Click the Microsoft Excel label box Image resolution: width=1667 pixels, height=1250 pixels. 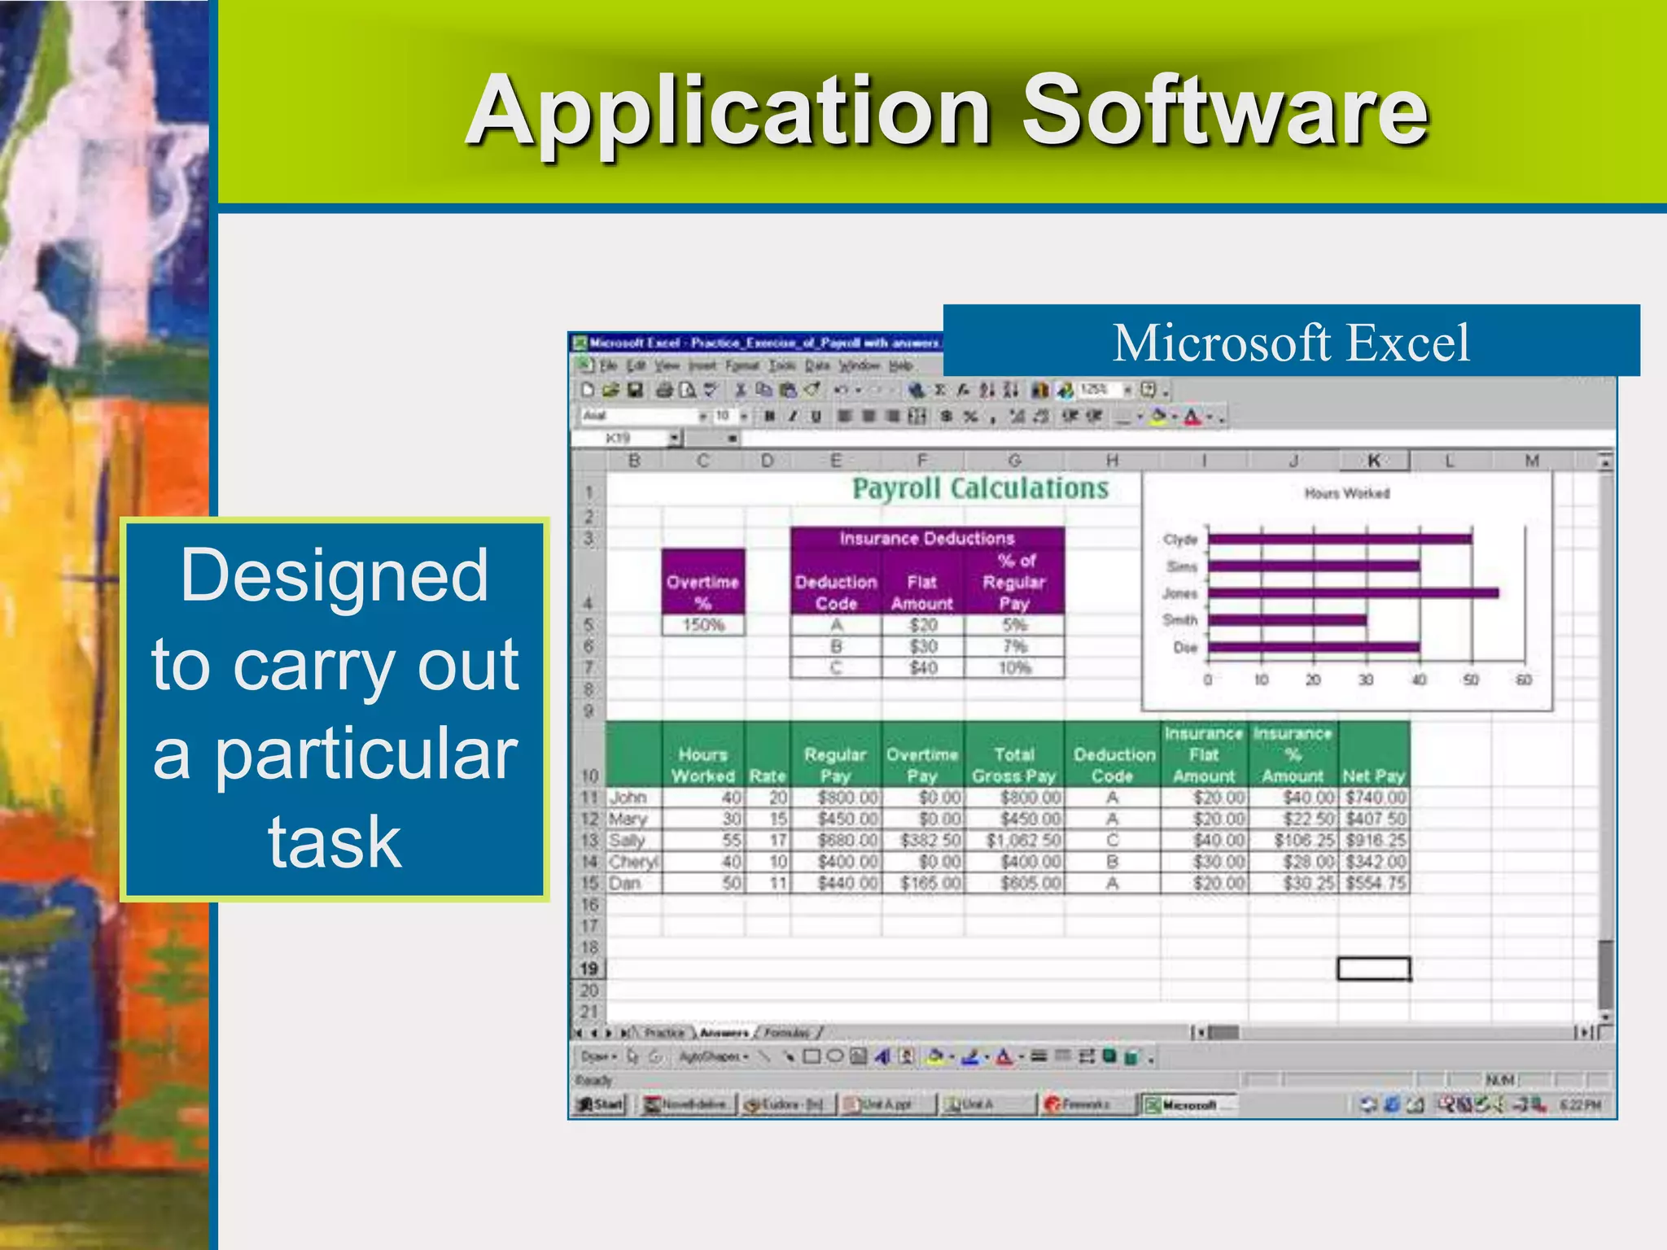coord(1291,342)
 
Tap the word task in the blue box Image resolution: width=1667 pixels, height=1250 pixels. coord(335,842)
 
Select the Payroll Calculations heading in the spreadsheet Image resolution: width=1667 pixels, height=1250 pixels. coord(980,488)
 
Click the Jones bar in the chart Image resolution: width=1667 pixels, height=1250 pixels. coord(1353,593)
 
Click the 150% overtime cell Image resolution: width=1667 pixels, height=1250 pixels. coord(703,625)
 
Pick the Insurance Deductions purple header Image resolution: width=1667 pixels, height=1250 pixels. coord(927,538)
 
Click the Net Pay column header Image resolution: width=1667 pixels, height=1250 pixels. coord(1374,776)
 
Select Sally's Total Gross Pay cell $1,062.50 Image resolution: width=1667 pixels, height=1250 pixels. coord(1024,840)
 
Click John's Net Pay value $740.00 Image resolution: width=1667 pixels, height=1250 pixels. coord(1376,798)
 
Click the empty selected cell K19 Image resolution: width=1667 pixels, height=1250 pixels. coord(1374,968)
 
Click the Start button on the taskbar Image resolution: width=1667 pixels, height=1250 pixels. coord(600,1104)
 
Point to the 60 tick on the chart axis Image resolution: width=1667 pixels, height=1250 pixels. coord(1524,680)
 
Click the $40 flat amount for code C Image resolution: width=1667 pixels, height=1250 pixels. coord(923,668)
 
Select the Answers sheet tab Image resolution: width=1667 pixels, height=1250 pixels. coord(724,1033)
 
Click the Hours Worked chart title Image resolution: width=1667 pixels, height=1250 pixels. coord(1347,493)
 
